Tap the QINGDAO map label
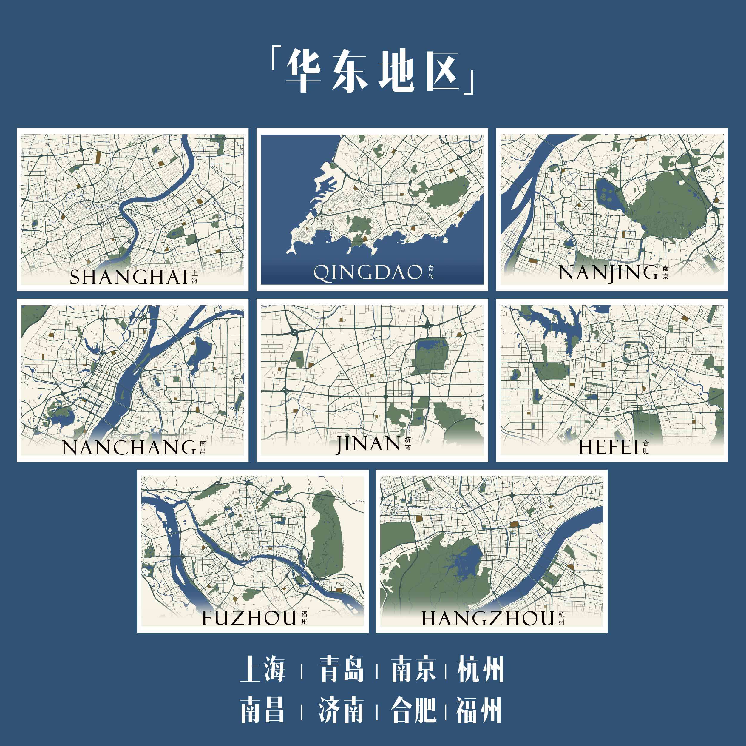coord(367,273)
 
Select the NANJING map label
coord(608,273)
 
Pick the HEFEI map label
coord(608,447)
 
